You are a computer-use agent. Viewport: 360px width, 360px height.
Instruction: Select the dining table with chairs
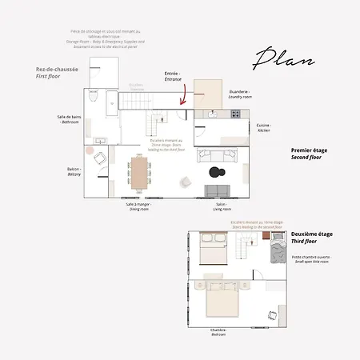(x=139, y=173)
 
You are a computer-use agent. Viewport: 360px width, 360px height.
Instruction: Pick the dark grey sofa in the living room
(x=219, y=190)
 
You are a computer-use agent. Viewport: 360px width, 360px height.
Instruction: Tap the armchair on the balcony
(x=99, y=159)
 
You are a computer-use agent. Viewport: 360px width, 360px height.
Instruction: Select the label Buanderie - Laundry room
(x=239, y=94)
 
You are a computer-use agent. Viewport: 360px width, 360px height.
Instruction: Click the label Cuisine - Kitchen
(x=263, y=127)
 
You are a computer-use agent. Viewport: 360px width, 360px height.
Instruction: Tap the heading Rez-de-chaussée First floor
(x=57, y=72)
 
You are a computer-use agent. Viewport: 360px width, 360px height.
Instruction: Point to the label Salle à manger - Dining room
(x=138, y=206)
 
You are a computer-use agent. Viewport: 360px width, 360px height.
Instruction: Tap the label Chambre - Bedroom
(x=218, y=332)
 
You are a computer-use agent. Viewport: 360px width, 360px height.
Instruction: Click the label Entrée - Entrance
(x=172, y=75)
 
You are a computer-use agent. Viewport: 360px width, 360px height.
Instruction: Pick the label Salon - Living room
(x=221, y=206)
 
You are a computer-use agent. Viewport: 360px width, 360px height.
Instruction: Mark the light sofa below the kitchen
(x=216, y=158)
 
